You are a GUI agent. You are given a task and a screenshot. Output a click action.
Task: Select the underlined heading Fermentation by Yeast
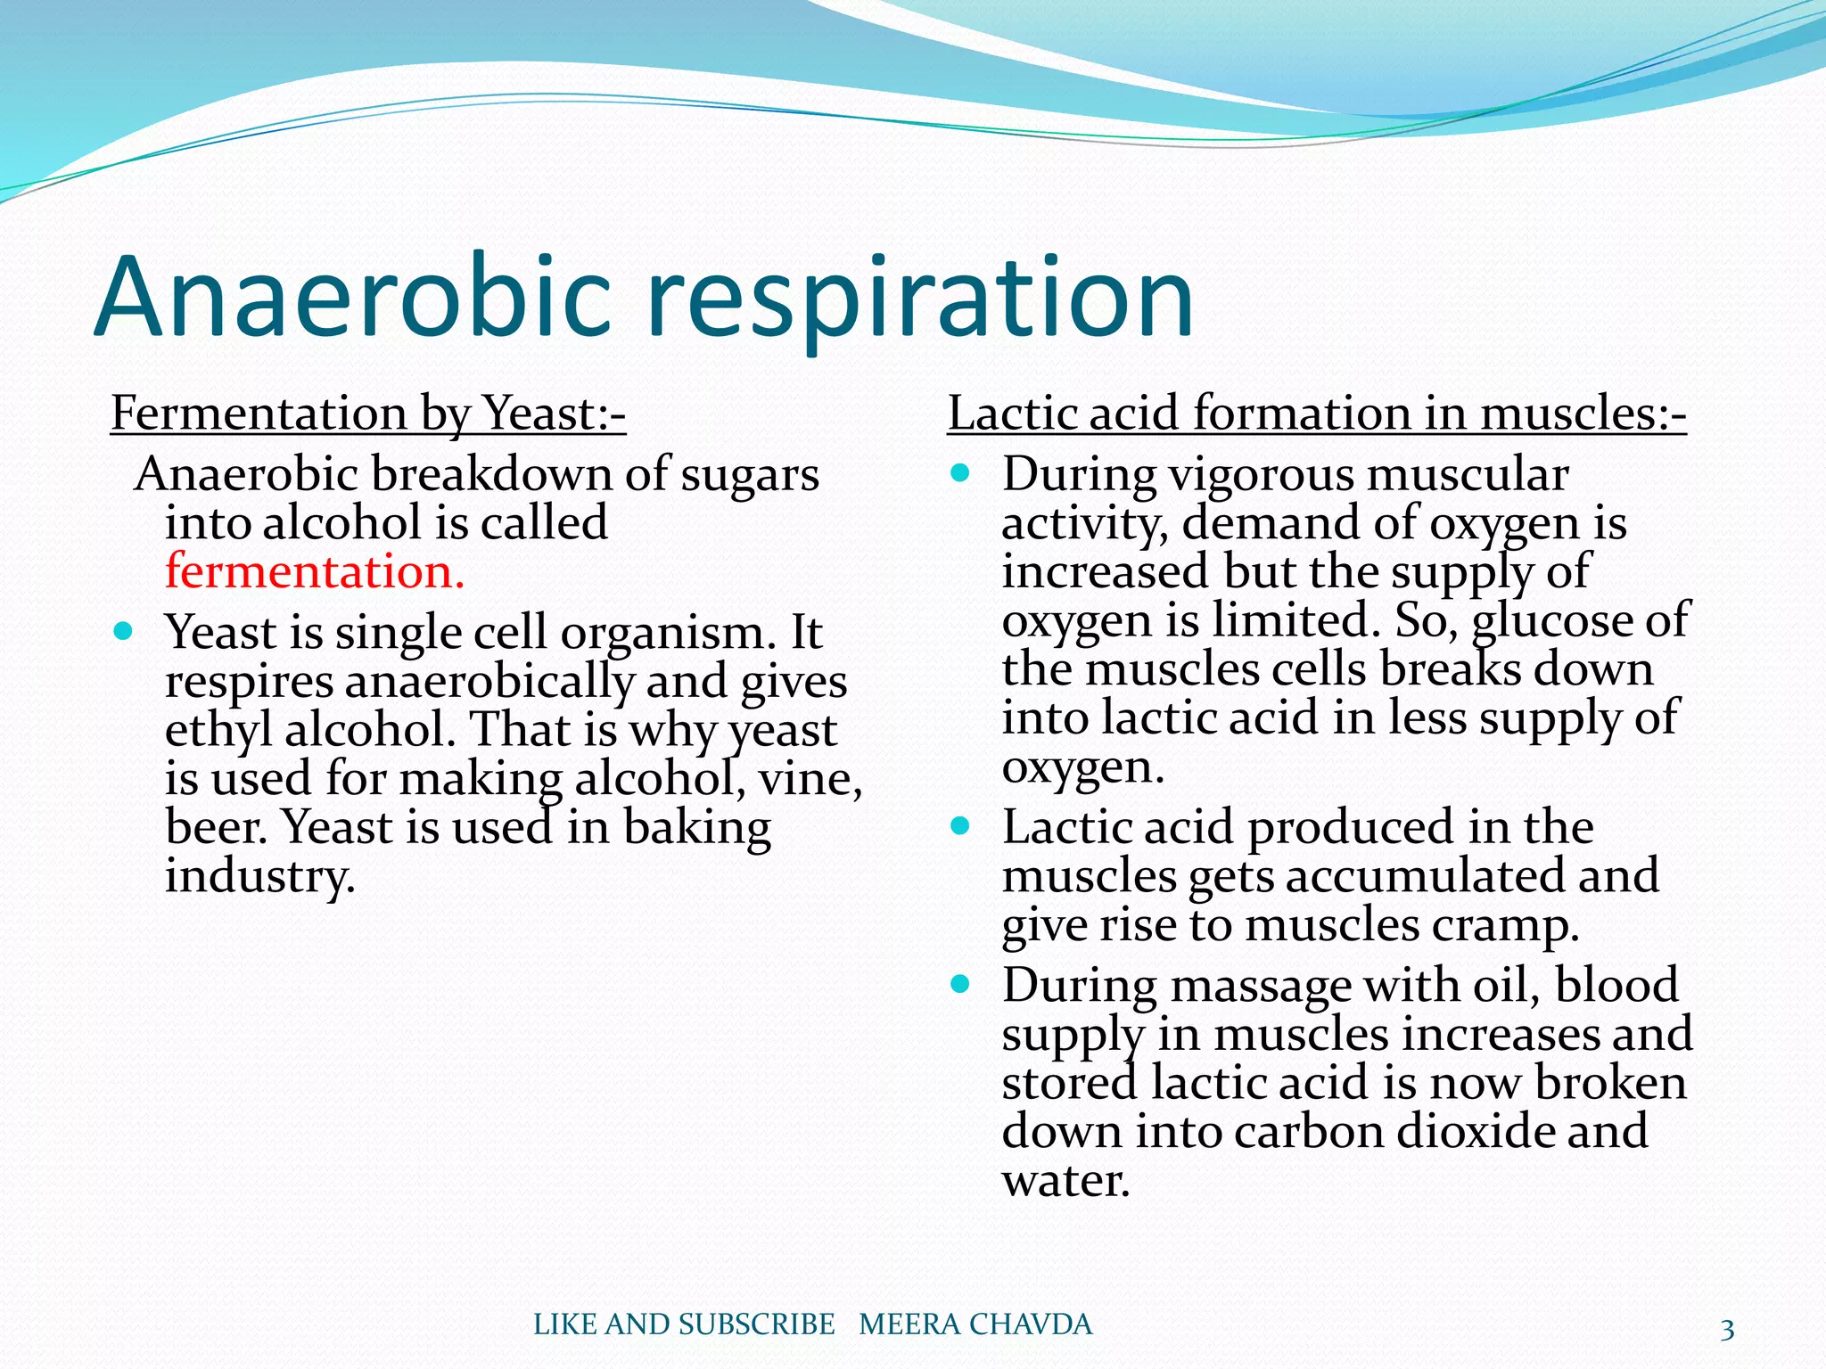pyautogui.click(x=368, y=414)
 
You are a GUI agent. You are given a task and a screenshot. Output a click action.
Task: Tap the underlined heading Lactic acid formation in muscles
pyautogui.click(x=1316, y=414)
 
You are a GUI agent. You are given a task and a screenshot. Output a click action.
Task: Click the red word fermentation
pyautogui.click(x=314, y=571)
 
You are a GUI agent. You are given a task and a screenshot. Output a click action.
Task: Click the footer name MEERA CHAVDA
pyautogui.click(x=975, y=1324)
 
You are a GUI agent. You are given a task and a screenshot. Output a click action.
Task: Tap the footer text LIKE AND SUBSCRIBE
pyautogui.click(x=684, y=1324)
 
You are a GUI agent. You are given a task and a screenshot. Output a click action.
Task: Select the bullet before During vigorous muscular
pyautogui.click(x=959, y=473)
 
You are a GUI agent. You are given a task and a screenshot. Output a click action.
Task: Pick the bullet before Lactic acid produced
pyautogui.click(x=959, y=826)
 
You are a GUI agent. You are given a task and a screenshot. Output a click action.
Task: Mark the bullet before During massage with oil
pyautogui.click(x=959, y=985)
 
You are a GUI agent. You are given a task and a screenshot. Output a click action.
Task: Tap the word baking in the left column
pyautogui.click(x=695, y=828)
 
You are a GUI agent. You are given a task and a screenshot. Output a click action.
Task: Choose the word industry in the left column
pyautogui.click(x=259, y=877)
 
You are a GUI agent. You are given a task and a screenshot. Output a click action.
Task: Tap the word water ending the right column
pyautogui.click(x=1065, y=1181)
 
